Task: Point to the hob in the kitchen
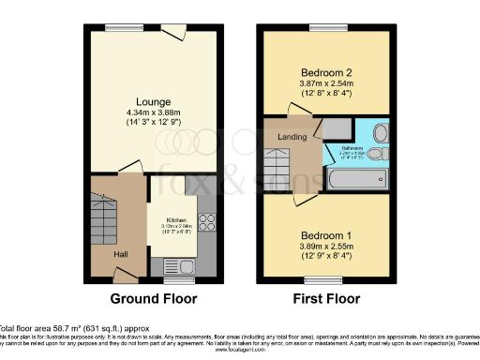[x=206, y=222]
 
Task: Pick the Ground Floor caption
[x=154, y=299]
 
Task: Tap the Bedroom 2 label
[x=326, y=72]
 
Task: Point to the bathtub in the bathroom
[x=355, y=178]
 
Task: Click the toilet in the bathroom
[x=377, y=153]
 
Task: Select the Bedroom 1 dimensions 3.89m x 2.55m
[x=326, y=247]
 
